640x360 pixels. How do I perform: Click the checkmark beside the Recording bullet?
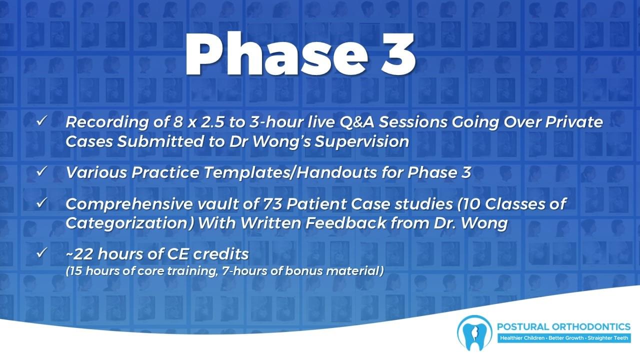click(41, 121)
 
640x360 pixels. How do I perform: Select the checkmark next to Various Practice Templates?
click(41, 171)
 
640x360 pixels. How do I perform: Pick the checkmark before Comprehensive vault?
click(41, 203)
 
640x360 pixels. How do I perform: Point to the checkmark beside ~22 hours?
click(41, 252)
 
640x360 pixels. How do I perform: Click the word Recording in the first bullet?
click(107, 122)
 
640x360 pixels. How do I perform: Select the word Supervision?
click(362, 142)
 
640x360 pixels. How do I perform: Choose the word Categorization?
click(129, 223)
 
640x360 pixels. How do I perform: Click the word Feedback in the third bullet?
click(345, 223)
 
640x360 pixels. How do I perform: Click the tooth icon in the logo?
click(474, 333)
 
